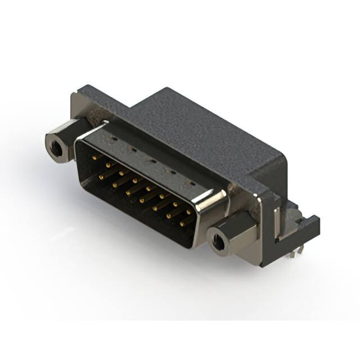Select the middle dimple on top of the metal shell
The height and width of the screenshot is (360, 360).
pyautogui.click(x=150, y=160)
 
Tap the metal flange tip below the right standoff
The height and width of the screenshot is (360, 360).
pyautogui.click(x=247, y=256)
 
